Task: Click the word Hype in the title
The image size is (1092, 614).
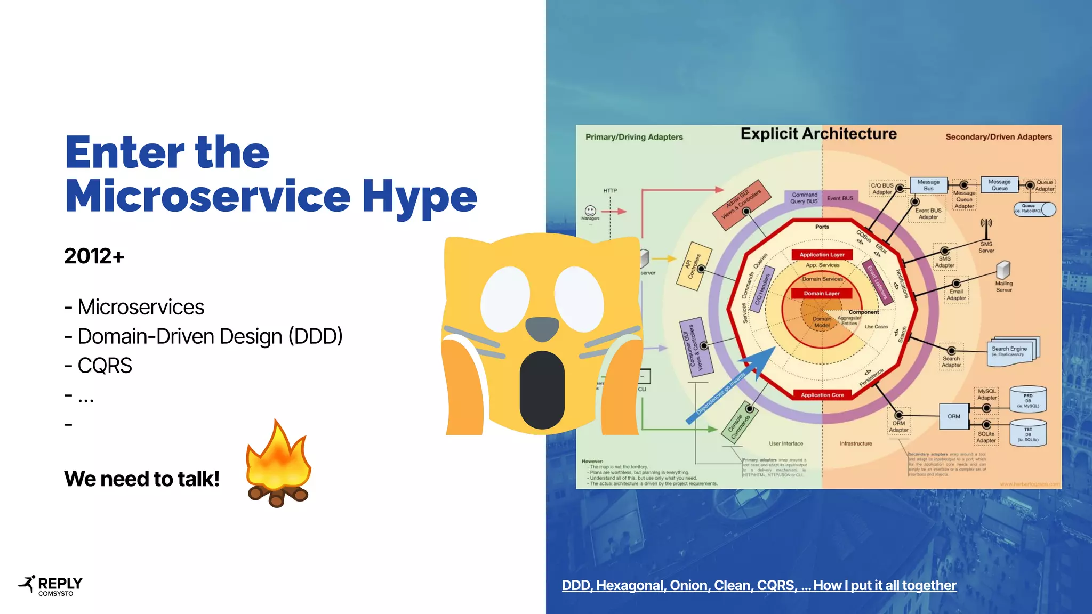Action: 419,196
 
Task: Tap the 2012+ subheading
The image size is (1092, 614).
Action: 94,256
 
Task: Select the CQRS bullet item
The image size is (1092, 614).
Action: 104,366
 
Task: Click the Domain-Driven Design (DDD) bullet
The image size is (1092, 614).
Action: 210,336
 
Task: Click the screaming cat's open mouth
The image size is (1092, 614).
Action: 542,389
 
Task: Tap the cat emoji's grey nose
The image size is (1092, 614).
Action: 542,328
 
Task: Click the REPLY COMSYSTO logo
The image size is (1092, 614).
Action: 51,586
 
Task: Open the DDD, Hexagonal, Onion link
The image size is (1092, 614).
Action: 759,585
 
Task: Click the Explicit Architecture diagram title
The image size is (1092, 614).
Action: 818,134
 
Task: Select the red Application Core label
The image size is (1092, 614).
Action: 822,395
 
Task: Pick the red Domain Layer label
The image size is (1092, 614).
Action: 821,293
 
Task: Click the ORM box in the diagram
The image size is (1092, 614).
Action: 953,416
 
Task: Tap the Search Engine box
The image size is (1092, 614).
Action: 1009,351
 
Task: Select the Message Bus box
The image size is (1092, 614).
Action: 928,185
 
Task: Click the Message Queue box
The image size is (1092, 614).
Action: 999,185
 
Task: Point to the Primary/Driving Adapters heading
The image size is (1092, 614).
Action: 634,137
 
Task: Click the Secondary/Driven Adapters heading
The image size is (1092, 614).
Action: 998,137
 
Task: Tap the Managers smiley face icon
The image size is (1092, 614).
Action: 590,211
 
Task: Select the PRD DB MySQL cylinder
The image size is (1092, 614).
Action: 1028,400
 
